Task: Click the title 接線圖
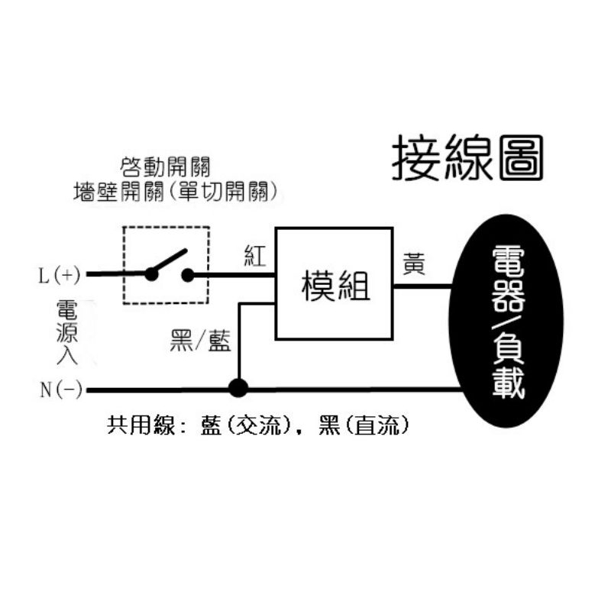[x=467, y=159]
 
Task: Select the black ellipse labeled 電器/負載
[x=509, y=321]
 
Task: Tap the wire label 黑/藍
[x=200, y=341]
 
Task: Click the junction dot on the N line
[x=239, y=390]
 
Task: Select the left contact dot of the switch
[x=152, y=274]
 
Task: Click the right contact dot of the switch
[x=187, y=274]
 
